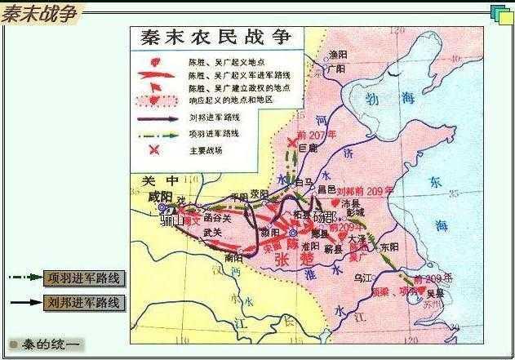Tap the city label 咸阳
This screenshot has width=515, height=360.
pyautogui.click(x=160, y=197)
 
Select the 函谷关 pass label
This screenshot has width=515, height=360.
pyautogui.click(x=216, y=219)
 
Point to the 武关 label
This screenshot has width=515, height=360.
pyautogui.click(x=213, y=233)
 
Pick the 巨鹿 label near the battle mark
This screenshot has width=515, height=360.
pyautogui.click(x=306, y=149)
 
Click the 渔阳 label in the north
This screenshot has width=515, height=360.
pyautogui.click(x=337, y=54)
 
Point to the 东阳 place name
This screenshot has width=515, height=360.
pyautogui.click(x=388, y=247)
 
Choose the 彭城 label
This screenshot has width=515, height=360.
pyautogui.click(x=355, y=212)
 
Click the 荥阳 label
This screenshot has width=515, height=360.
pyautogui.click(x=259, y=194)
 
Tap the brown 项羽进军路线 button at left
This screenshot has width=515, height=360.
pyautogui.click(x=85, y=278)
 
